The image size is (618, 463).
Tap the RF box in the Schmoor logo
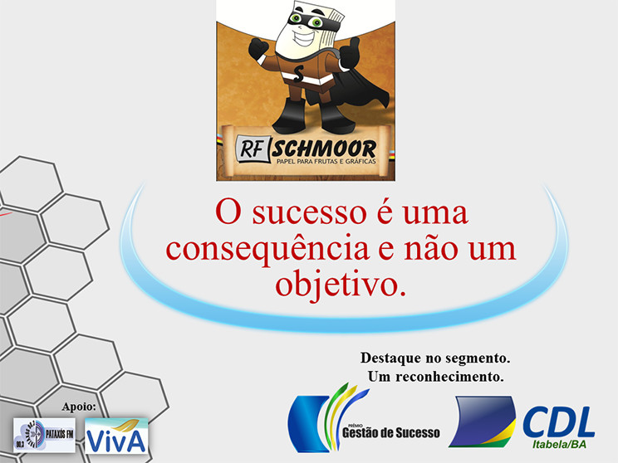(253, 149)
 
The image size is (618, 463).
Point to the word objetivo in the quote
(341, 283)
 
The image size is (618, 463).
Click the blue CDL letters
(557, 422)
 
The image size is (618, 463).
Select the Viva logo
(116, 436)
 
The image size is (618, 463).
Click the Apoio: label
(80, 407)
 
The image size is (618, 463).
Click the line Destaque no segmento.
(434, 358)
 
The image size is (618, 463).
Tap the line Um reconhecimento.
(435, 377)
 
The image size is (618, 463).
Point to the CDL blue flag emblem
(483, 422)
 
